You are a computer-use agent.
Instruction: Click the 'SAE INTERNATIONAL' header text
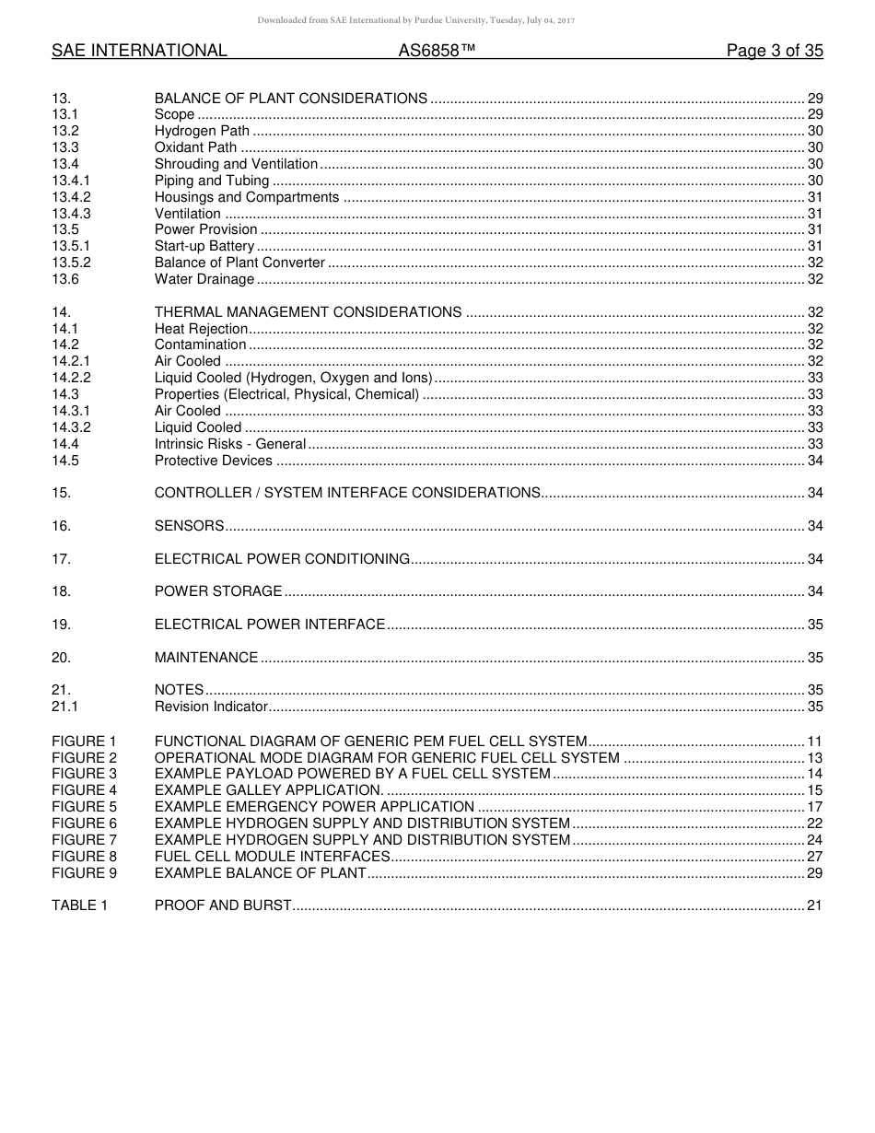tap(139, 52)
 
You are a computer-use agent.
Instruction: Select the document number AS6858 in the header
tap(437, 52)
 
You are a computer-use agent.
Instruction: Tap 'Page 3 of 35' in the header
tap(774, 52)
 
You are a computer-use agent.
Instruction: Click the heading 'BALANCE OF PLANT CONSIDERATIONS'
tap(290, 99)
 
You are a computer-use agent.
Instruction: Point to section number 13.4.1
tap(71, 181)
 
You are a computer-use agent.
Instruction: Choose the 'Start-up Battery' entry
tap(204, 246)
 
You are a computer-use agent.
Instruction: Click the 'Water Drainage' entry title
tap(204, 279)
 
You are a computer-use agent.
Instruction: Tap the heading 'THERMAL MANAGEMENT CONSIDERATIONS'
tap(308, 312)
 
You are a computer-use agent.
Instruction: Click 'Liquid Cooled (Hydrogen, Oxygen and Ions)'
tap(292, 378)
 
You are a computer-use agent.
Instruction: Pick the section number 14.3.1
tap(71, 411)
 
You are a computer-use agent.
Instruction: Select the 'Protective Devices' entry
tap(213, 461)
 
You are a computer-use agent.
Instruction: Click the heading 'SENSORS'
tap(189, 526)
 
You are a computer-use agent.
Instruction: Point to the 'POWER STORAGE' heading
tap(218, 591)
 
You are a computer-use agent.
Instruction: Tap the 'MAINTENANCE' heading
tap(206, 658)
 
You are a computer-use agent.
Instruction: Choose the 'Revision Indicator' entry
tap(211, 707)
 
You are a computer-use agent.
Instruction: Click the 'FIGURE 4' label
tap(85, 790)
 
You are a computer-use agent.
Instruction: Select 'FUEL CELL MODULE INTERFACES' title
tap(272, 857)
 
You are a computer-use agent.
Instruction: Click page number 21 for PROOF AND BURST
tap(813, 905)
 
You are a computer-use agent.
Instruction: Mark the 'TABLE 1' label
tap(79, 905)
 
